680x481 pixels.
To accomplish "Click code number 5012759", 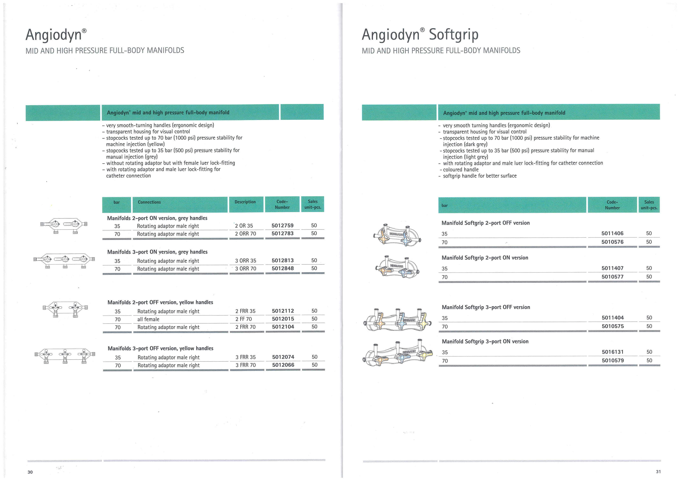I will click(282, 225).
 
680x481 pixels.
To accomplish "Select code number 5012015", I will click(283, 319).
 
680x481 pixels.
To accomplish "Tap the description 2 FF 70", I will click(243, 319).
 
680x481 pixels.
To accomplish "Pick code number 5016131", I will click(613, 352).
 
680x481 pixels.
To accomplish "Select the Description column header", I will click(245, 202).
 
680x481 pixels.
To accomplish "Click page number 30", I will click(30, 472).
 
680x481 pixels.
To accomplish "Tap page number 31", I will click(658, 472).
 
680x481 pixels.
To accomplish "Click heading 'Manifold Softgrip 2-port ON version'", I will click(485, 258).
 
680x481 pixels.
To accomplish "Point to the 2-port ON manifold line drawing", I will click(64, 226).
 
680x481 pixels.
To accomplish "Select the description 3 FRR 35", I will click(246, 357).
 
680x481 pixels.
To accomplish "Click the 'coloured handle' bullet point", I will click(461, 169).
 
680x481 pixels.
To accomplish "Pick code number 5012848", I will click(283, 268).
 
